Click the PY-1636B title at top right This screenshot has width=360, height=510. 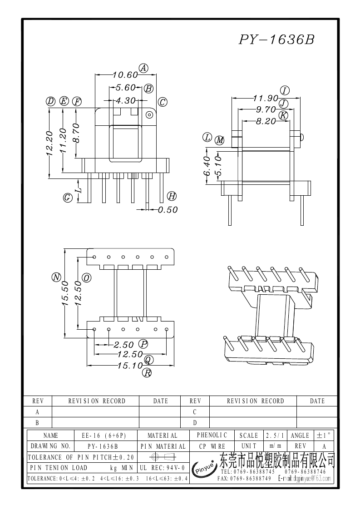click(x=277, y=40)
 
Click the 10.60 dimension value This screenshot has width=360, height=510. click(x=125, y=75)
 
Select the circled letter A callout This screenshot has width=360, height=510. click(x=143, y=68)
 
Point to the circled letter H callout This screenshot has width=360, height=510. click(x=172, y=196)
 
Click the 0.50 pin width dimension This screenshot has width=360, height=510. click(x=168, y=210)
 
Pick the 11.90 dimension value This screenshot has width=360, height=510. click(x=266, y=98)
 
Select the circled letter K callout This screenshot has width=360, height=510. click(x=284, y=115)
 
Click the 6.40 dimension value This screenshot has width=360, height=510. click(x=207, y=166)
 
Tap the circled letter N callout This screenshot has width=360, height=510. click(x=56, y=277)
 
